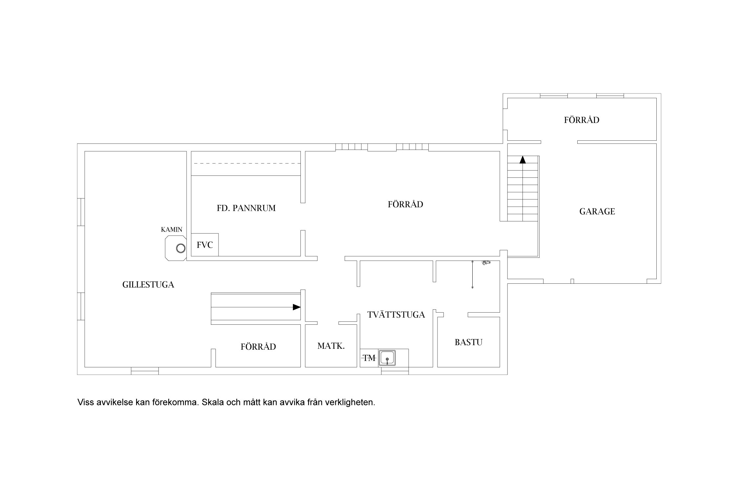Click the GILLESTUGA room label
click(x=148, y=285)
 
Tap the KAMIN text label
click(x=172, y=230)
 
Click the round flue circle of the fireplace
click(x=180, y=248)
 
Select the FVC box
click(x=205, y=245)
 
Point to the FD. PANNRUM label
click(x=246, y=208)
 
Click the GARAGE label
click(x=597, y=212)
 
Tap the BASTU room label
click(x=468, y=342)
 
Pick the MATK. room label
click(x=331, y=346)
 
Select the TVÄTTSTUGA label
click(x=396, y=315)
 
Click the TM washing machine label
click(x=369, y=358)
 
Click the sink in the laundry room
click(x=387, y=358)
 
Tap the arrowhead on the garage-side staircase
click(x=523, y=160)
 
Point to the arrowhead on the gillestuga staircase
click(x=297, y=307)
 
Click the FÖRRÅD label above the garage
click(x=582, y=120)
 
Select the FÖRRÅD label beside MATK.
click(x=258, y=347)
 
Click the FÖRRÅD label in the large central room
click(x=405, y=204)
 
